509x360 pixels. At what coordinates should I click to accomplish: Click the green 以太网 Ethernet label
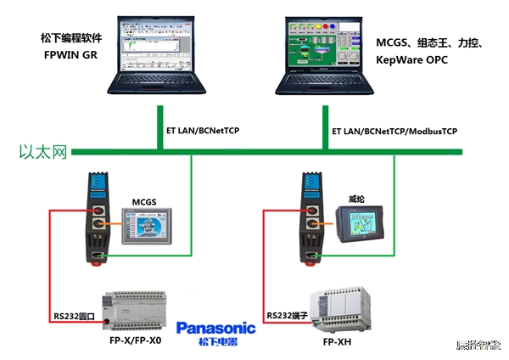[x=42, y=153]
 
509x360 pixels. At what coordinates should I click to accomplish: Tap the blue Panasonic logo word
[x=215, y=328]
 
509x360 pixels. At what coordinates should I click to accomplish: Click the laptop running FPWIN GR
[x=158, y=51]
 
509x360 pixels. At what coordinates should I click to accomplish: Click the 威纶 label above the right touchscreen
[x=357, y=199]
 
